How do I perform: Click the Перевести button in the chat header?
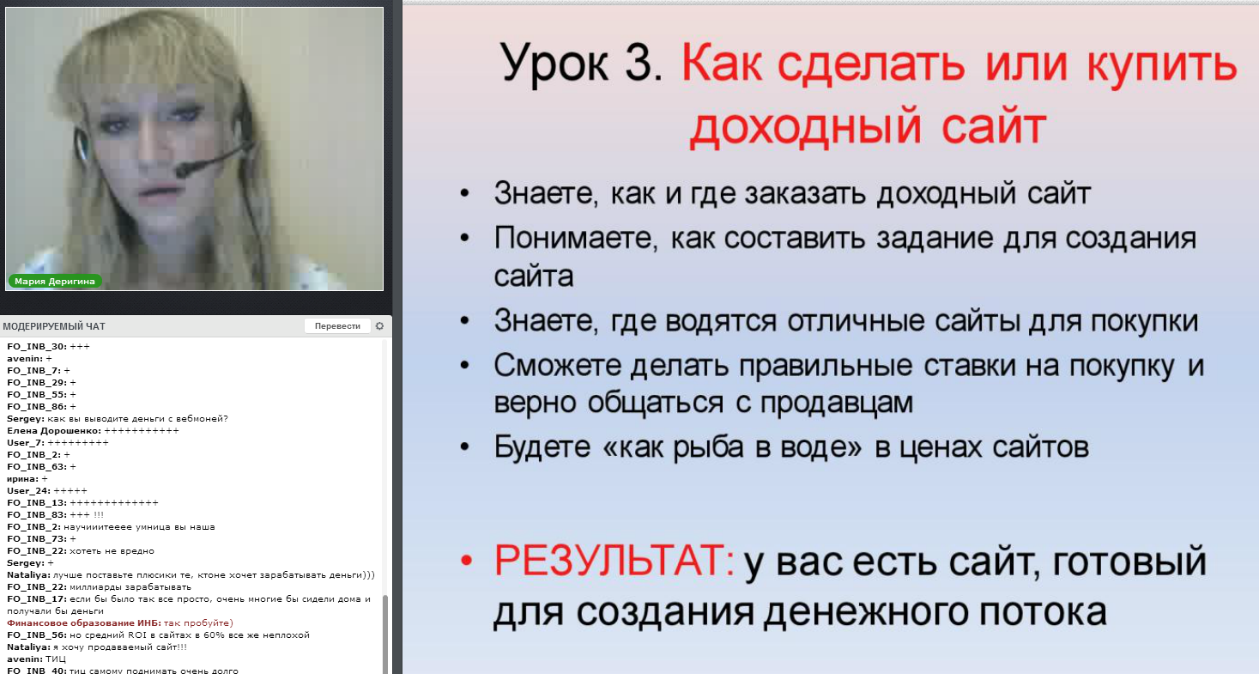(337, 326)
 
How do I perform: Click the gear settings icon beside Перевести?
(379, 326)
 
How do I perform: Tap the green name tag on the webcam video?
(55, 281)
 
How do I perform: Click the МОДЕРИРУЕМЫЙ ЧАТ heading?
(54, 326)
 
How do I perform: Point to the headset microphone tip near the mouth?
(185, 170)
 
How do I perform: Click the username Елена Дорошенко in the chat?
(53, 430)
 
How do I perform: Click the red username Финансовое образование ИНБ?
(83, 622)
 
